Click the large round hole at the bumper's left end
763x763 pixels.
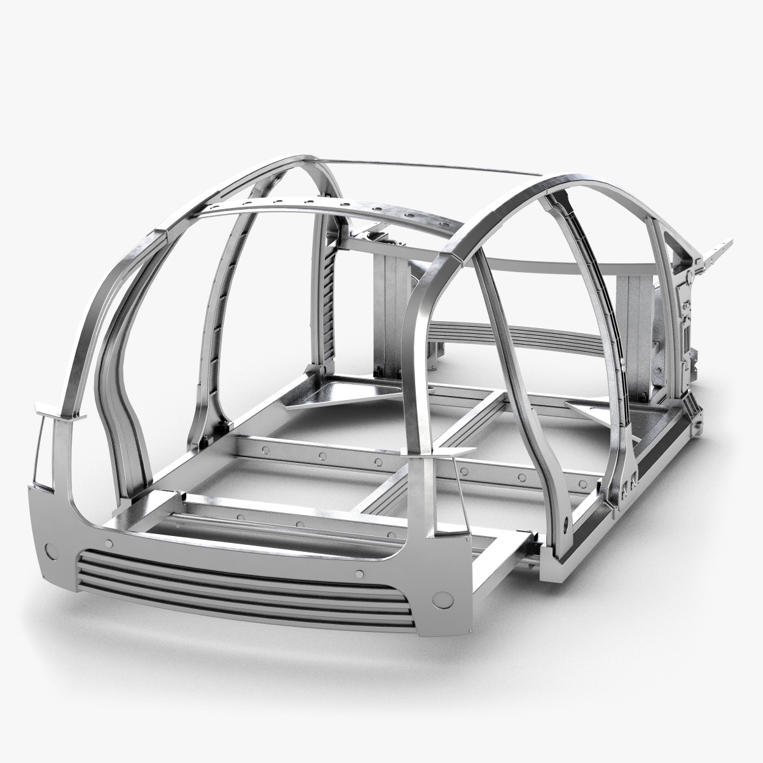coord(50,548)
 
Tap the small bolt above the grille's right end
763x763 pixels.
coord(359,574)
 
